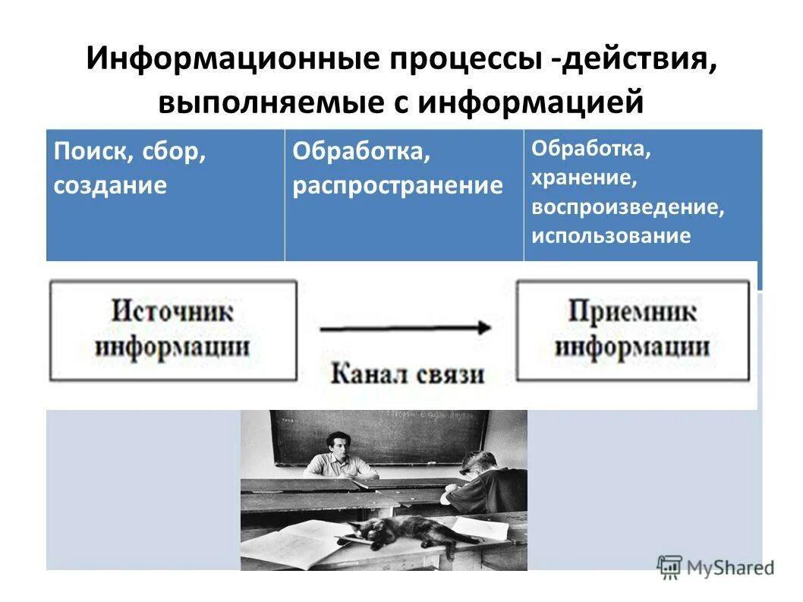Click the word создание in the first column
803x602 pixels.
[110, 185]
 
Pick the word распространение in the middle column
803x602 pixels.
[398, 185]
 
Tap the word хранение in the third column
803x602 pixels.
[583, 178]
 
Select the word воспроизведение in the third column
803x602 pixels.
[628, 207]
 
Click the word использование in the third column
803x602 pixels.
[611, 235]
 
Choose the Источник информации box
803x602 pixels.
[173, 330]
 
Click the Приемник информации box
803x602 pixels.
[632, 330]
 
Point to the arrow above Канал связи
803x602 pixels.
[406, 328]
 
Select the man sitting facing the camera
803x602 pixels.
[339, 455]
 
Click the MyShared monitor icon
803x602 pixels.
[669, 566]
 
